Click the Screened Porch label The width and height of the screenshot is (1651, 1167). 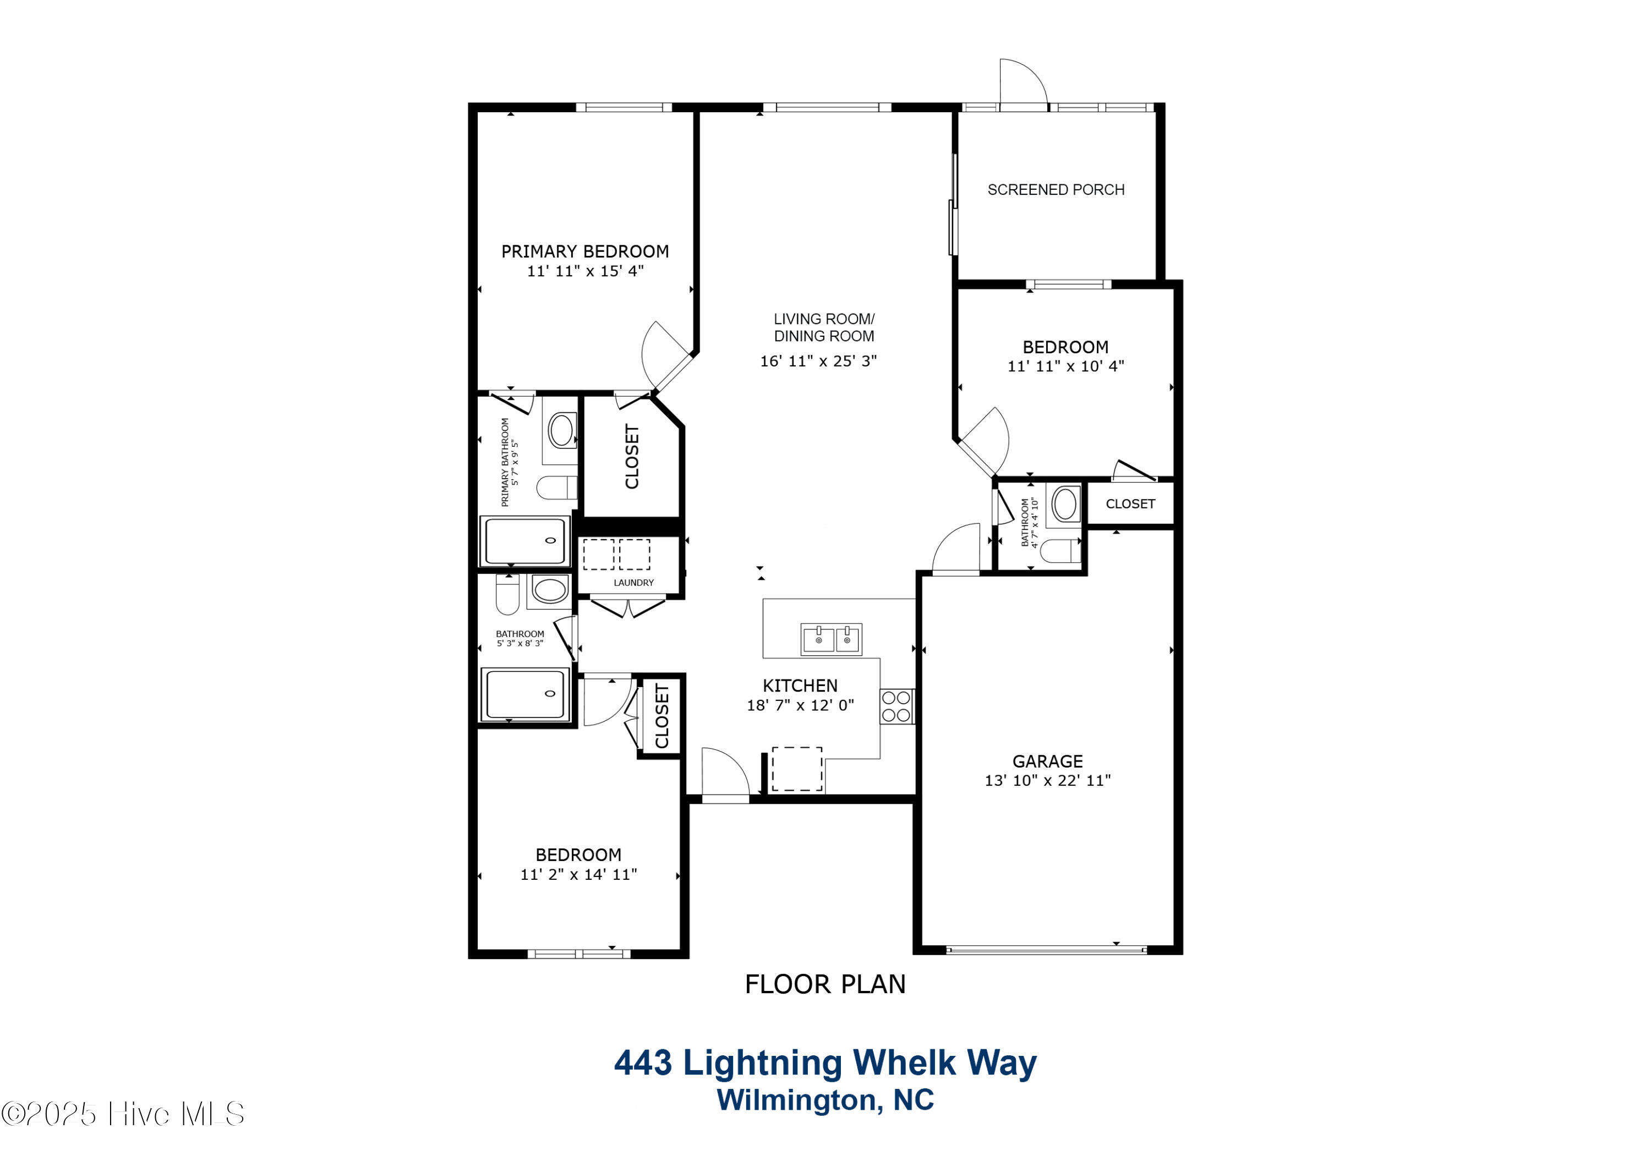(x=1056, y=190)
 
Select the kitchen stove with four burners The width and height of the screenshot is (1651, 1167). (x=896, y=705)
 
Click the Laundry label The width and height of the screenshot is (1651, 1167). (x=633, y=583)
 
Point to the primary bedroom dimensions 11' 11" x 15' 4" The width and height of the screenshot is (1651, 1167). (x=586, y=271)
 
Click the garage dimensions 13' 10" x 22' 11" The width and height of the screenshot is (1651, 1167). (x=1048, y=780)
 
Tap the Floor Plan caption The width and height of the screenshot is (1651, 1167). (x=825, y=984)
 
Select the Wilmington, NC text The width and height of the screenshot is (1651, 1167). (x=825, y=1100)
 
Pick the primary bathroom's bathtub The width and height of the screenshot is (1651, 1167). (x=526, y=541)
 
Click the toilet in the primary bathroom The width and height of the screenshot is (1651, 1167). (x=556, y=487)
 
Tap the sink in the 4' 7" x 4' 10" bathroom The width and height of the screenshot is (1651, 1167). (x=1065, y=503)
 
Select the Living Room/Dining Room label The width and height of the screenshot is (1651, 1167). (x=824, y=327)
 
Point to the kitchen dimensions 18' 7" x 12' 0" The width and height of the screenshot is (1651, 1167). (x=800, y=705)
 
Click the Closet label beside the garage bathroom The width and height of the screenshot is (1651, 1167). (x=1130, y=504)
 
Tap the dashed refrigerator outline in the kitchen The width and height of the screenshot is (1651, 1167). (x=797, y=769)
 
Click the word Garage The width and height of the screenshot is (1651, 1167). (x=1048, y=761)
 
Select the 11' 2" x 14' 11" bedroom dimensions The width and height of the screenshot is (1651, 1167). (x=579, y=874)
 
